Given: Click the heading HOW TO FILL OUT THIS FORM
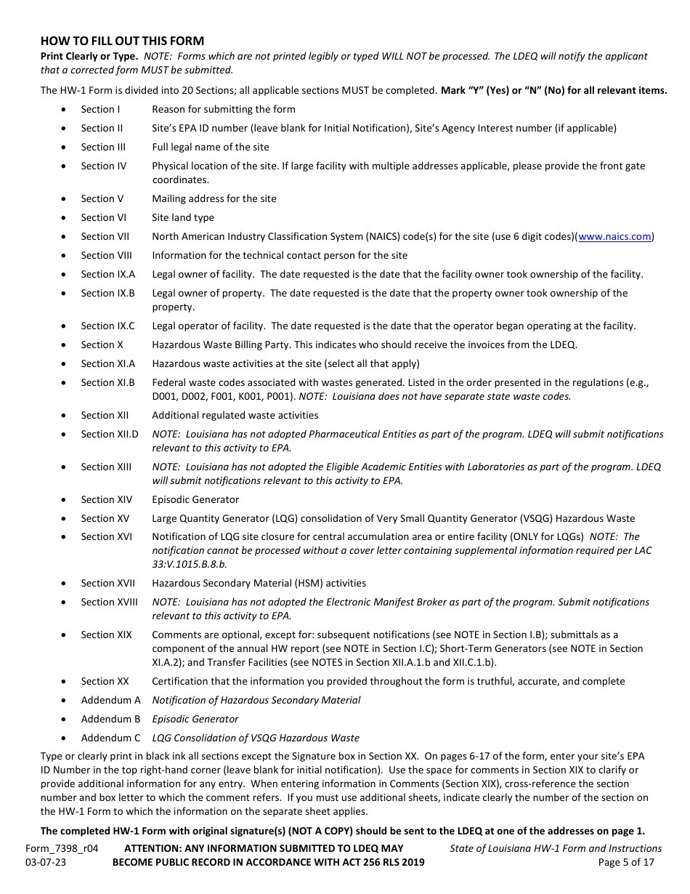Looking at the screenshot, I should tap(122, 41).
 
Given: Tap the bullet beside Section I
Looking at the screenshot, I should tap(65, 110).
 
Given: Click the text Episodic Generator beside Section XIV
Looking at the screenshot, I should tap(195, 499).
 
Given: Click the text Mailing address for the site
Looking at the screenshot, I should tap(214, 198).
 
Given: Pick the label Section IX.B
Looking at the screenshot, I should tap(107, 293).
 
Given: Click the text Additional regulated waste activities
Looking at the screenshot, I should tap(235, 415).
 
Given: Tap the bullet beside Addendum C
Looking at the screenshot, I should tap(65, 738).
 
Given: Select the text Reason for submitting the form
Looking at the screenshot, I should tap(224, 110).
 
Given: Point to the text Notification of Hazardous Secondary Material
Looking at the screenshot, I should tap(256, 700).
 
